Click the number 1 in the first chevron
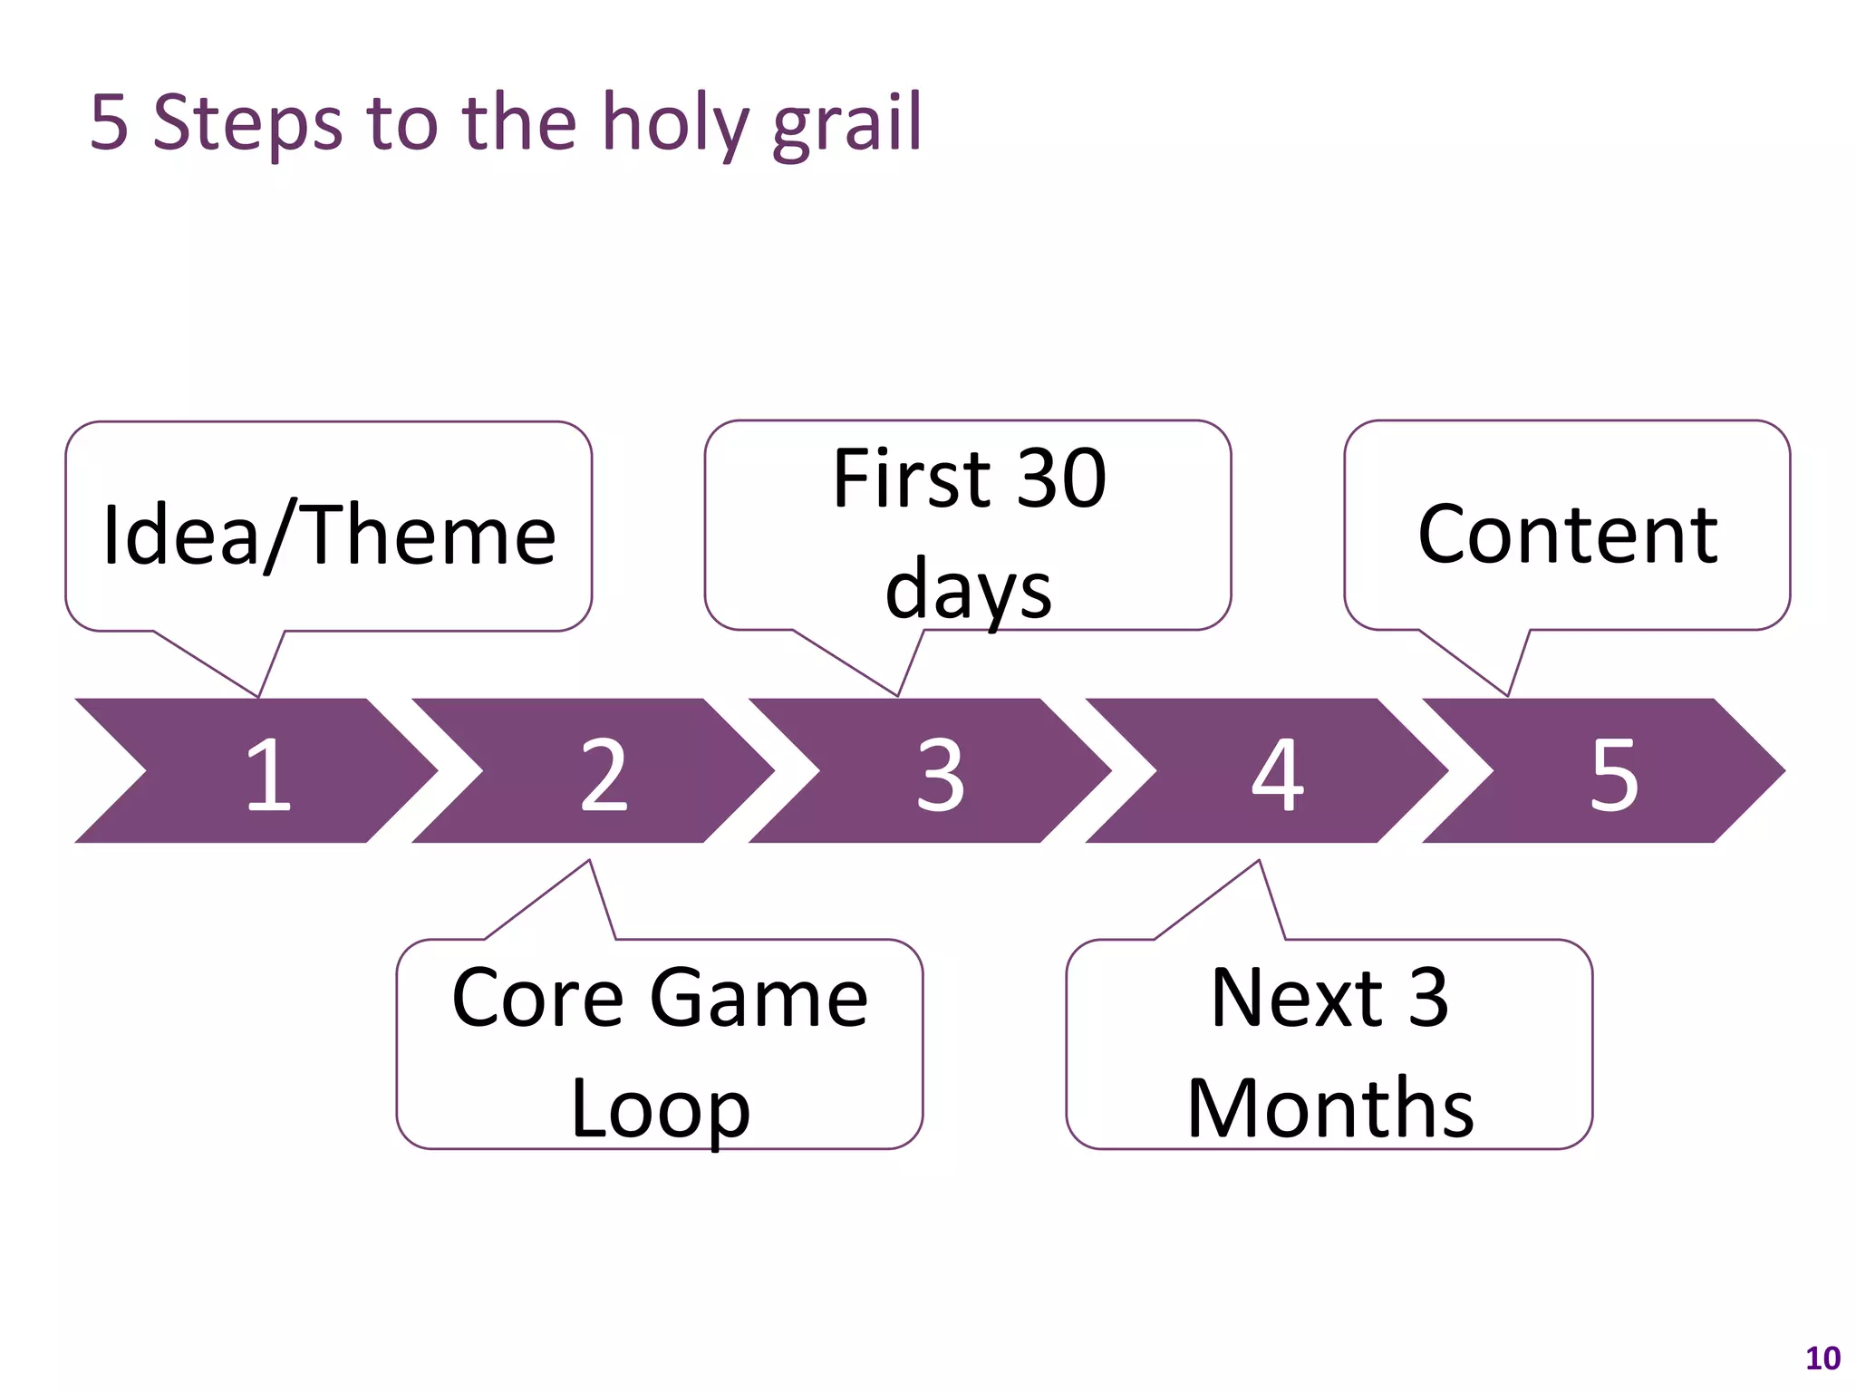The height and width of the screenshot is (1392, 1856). (268, 774)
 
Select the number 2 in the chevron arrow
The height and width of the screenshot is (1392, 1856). (604, 774)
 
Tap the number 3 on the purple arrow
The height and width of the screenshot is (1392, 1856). (941, 774)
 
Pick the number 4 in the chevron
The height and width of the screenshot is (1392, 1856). (1278, 774)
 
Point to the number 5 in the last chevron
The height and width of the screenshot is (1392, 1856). (1614, 774)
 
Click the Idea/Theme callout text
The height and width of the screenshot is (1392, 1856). (329, 536)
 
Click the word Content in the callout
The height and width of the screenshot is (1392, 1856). (1567, 535)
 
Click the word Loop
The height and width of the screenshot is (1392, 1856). (660, 1109)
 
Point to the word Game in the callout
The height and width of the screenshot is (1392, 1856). (759, 998)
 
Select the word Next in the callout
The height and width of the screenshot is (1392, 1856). (1297, 998)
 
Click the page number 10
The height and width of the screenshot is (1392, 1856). (1822, 1358)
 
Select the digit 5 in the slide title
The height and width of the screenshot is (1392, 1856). (109, 122)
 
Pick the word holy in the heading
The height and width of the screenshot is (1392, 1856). (674, 124)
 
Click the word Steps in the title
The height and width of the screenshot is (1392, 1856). (247, 124)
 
